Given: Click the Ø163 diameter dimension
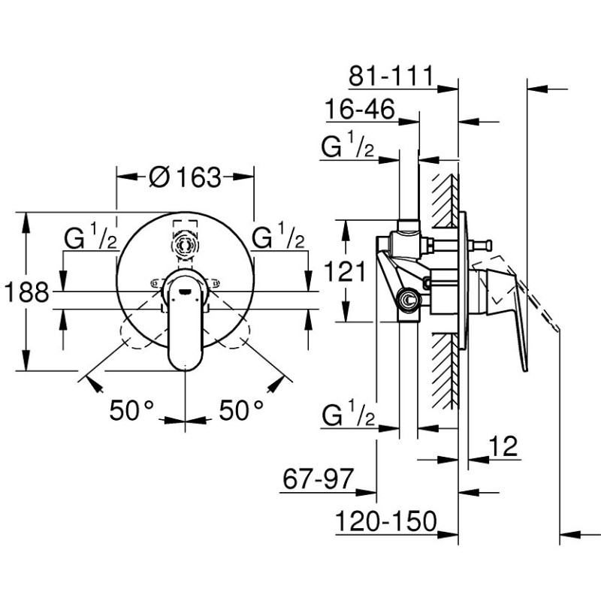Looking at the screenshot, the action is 186,177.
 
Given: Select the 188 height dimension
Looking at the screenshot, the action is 27,292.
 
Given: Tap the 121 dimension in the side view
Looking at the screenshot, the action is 345,272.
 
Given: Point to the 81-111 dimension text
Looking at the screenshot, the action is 391,76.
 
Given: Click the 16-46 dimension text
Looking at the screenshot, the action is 360,109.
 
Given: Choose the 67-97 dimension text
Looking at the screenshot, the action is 318,479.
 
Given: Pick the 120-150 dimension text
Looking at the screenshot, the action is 386,521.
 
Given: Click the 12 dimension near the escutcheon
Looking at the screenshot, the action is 503,446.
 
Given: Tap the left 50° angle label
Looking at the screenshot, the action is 131,410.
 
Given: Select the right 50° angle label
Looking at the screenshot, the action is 241,410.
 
